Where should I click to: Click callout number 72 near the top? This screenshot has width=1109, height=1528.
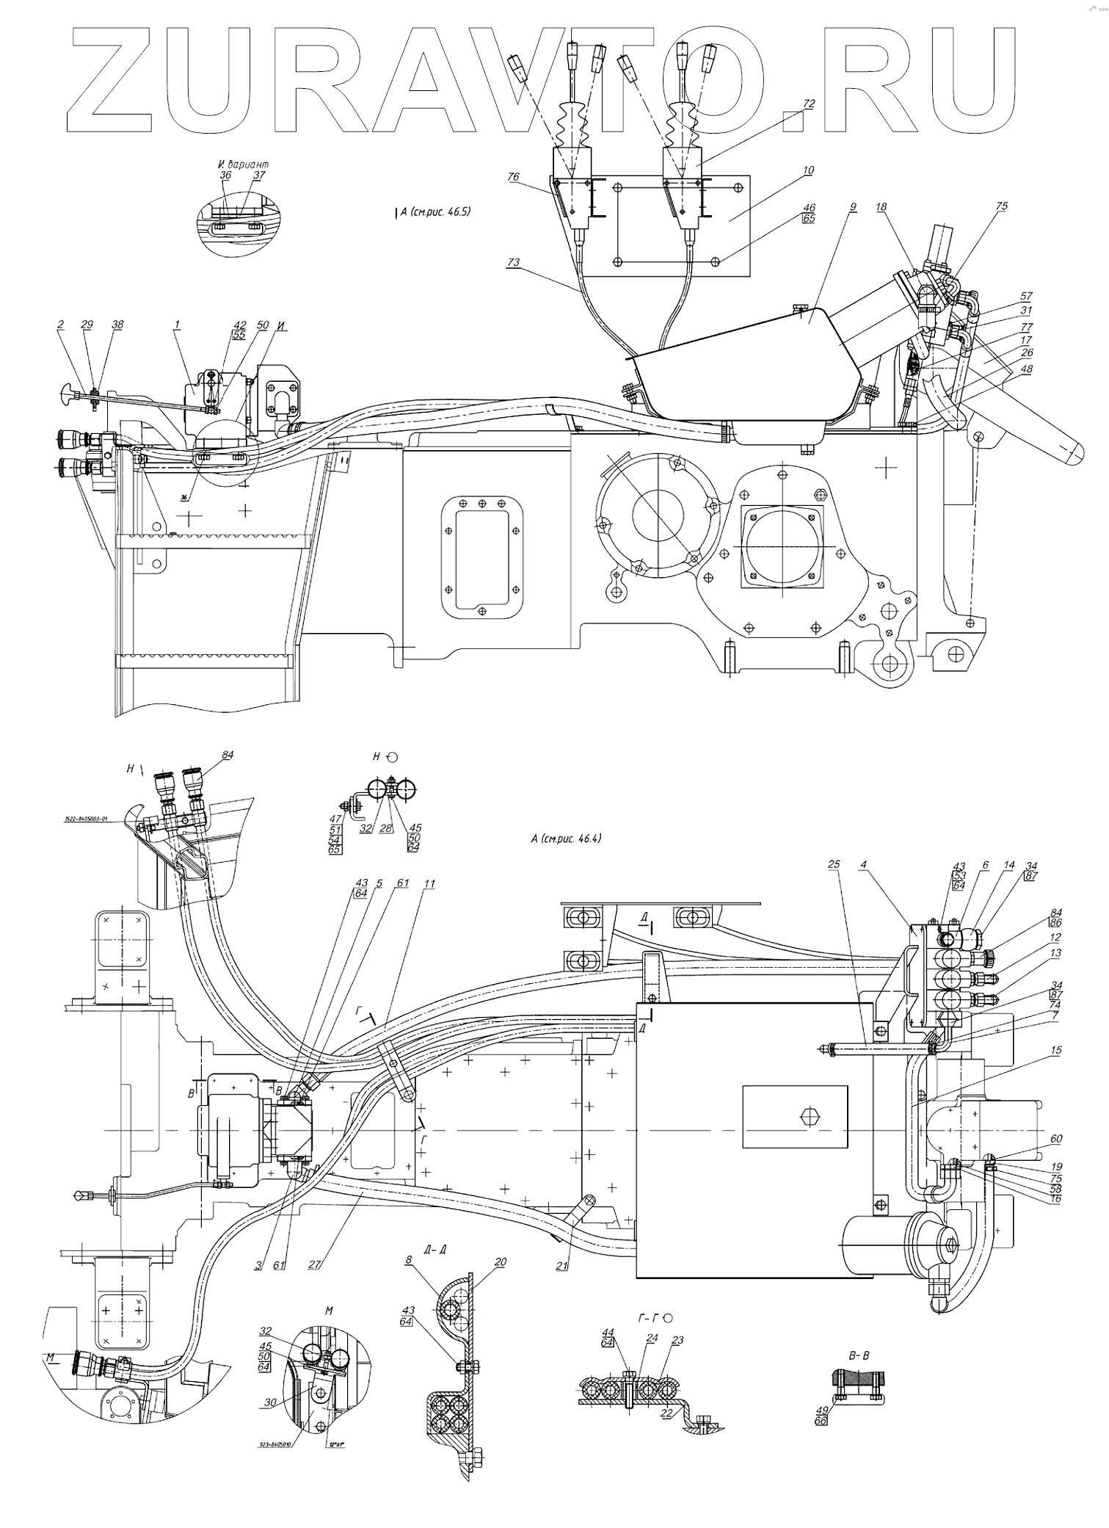[808, 104]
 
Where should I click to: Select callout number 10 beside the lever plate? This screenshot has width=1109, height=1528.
[808, 170]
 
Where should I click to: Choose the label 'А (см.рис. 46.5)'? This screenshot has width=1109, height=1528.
[433, 212]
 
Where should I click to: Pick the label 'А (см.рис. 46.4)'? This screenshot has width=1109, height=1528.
[566, 838]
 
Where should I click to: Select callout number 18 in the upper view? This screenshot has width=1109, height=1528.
[881, 207]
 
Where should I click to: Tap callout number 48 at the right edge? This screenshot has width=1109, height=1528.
[1026, 369]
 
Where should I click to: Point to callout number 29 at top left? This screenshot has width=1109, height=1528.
[87, 324]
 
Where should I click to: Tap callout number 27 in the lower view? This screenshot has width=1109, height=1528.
[313, 1265]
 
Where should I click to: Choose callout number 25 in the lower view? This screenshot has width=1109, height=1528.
[833, 864]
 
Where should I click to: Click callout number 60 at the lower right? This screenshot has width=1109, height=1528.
[1055, 1139]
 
